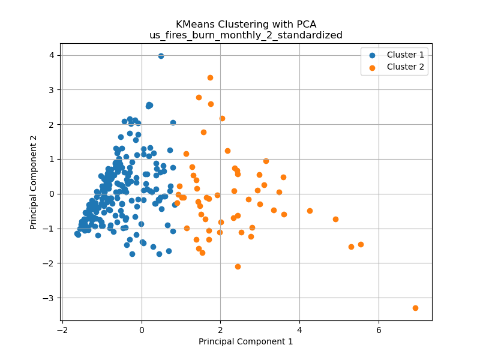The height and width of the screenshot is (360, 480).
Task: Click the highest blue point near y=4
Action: [x=161, y=56]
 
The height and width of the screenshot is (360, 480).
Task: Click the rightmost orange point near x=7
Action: [x=415, y=308]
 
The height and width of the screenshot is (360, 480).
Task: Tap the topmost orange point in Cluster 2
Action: [x=210, y=77]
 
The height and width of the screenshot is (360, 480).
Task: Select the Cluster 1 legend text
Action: [x=405, y=55]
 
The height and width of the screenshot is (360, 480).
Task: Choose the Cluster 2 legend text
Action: [x=405, y=67]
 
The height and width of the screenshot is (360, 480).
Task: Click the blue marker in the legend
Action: [x=372, y=55]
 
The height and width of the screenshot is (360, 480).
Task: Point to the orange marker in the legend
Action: [x=372, y=67]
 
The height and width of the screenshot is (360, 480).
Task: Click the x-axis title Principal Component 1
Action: [x=245, y=341]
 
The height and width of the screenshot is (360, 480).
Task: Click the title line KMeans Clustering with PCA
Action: [x=245, y=25]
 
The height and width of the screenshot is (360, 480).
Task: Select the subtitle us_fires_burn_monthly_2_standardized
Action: [x=245, y=35]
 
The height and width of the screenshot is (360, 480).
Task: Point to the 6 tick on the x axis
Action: [x=379, y=329]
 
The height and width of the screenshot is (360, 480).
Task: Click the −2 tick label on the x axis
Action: [x=62, y=329]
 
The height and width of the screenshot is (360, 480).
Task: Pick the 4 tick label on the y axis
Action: [x=52, y=55]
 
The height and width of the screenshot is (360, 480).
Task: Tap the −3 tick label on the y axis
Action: [x=50, y=298]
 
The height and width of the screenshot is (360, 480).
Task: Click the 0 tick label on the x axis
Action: [x=142, y=329]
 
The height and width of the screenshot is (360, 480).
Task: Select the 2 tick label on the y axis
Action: [x=52, y=124]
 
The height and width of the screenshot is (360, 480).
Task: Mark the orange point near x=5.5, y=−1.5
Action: [x=361, y=244]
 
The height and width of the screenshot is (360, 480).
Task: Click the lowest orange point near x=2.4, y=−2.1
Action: [x=238, y=266]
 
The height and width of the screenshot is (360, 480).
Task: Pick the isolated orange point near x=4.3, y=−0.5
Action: [x=310, y=211]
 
